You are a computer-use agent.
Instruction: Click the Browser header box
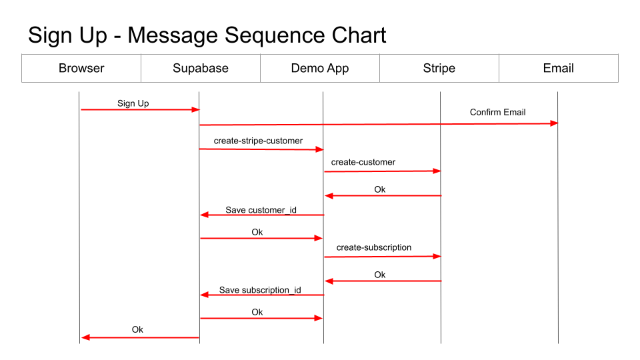[x=81, y=68]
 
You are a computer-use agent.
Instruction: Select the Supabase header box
[x=201, y=68]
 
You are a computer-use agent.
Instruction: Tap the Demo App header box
[x=320, y=68]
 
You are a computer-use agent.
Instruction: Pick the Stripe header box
[x=439, y=68]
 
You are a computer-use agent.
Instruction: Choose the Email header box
[x=559, y=68]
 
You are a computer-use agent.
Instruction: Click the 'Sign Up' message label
[x=133, y=103]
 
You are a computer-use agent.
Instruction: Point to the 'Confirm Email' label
[x=497, y=112]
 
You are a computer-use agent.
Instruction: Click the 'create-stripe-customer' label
[x=258, y=141]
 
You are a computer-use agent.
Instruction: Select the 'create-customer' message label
[x=363, y=162]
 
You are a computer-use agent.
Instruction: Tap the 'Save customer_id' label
[x=261, y=210]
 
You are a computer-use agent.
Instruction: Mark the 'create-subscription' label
[x=374, y=247]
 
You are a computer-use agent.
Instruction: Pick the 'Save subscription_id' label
[x=260, y=290]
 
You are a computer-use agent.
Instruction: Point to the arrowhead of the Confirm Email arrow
[x=554, y=123]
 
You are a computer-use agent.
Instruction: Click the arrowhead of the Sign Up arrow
[x=195, y=109]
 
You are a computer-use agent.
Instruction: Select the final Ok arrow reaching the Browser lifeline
[x=140, y=338]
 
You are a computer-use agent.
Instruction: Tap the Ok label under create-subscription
[x=380, y=275]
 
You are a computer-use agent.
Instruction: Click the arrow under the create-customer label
[x=383, y=171]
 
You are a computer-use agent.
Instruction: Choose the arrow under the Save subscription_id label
[x=262, y=295]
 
